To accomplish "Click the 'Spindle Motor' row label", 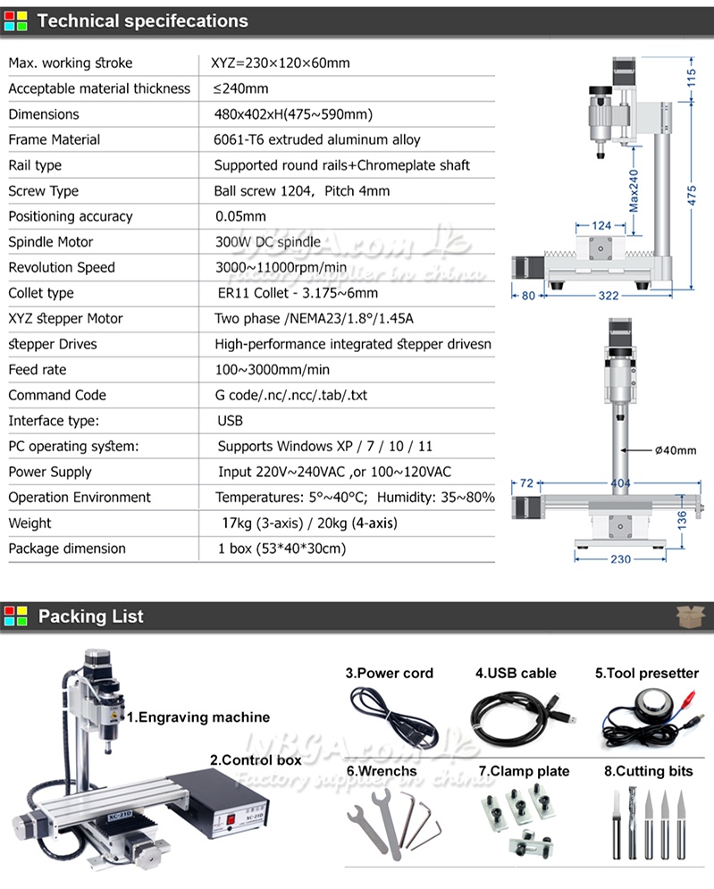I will coord(50,242).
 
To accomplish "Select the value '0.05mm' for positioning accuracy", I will coord(240,216).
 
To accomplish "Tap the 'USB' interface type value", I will coord(230,421).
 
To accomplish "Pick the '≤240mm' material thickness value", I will coord(240,88).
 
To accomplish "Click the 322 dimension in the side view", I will coord(608,296).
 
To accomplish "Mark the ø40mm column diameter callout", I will coord(675,450).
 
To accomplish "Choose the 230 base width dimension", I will coord(619,559).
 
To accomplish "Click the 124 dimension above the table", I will coord(601,226).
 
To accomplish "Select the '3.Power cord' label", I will coord(390,674).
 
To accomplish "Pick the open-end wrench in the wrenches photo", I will coord(368,821).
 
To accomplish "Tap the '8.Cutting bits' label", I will coord(648,771).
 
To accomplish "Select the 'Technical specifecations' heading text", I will coord(143,21).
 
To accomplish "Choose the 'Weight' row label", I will coord(29,524).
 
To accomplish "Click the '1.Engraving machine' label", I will coord(197,717).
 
